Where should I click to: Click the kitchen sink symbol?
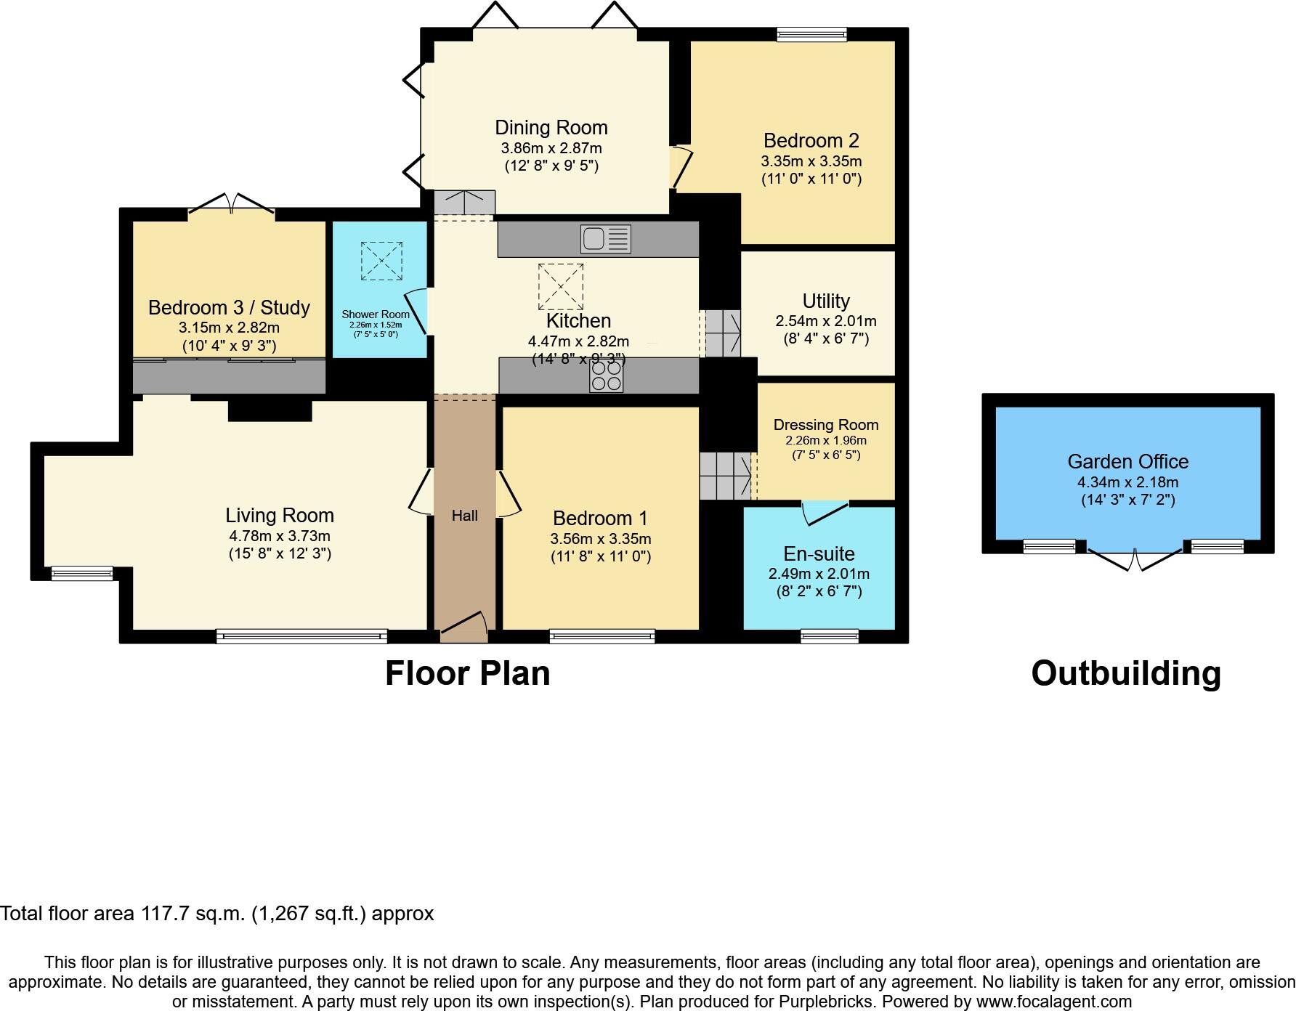coord(605,239)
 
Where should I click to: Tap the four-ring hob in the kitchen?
coord(606,375)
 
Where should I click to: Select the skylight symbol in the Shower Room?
coord(381,261)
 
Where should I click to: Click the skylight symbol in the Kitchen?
coord(561,286)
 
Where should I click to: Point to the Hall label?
coord(464,516)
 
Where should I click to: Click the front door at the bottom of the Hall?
coord(463,626)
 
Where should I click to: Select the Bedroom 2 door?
coord(681,168)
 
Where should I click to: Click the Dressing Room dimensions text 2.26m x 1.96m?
coord(826,441)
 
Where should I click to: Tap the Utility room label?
coord(826,301)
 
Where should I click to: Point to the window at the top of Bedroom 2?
coord(811,34)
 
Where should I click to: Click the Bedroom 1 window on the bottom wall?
coord(602,637)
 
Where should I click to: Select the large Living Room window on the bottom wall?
coord(301,637)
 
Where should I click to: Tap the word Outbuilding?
coord(1126,673)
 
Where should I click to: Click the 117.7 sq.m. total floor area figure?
coord(195,914)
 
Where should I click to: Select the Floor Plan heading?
coord(467,673)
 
